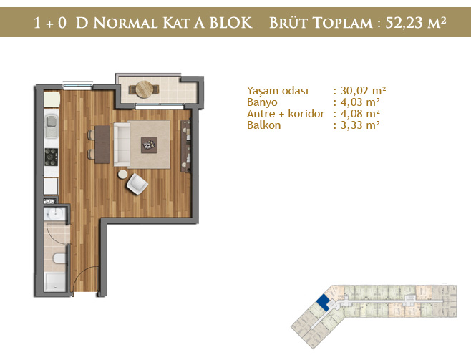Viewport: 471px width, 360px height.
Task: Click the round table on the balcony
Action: (144, 89)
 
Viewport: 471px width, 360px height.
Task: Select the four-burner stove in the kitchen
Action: (51, 157)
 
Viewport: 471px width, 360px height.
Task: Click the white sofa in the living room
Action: (122, 145)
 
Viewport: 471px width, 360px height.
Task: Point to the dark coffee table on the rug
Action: (150, 145)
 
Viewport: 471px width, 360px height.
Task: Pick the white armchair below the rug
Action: (137, 184)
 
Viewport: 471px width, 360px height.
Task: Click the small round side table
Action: (122, 175)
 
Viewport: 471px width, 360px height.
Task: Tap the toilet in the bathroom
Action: (59, 258)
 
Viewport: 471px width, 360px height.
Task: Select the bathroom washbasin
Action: (56, 214)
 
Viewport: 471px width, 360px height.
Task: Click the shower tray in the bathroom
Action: (54, 282)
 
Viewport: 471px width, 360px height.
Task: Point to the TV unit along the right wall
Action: (185, 146)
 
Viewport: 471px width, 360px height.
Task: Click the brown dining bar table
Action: (102, 145)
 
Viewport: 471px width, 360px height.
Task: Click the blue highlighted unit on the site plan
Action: (324, 302)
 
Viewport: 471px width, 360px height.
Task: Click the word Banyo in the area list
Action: (262, 102)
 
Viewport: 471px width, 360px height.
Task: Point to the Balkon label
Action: (263, 125)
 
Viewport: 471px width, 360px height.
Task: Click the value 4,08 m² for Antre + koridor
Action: (360, 114)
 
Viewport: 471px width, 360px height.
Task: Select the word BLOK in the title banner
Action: (230, 23)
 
